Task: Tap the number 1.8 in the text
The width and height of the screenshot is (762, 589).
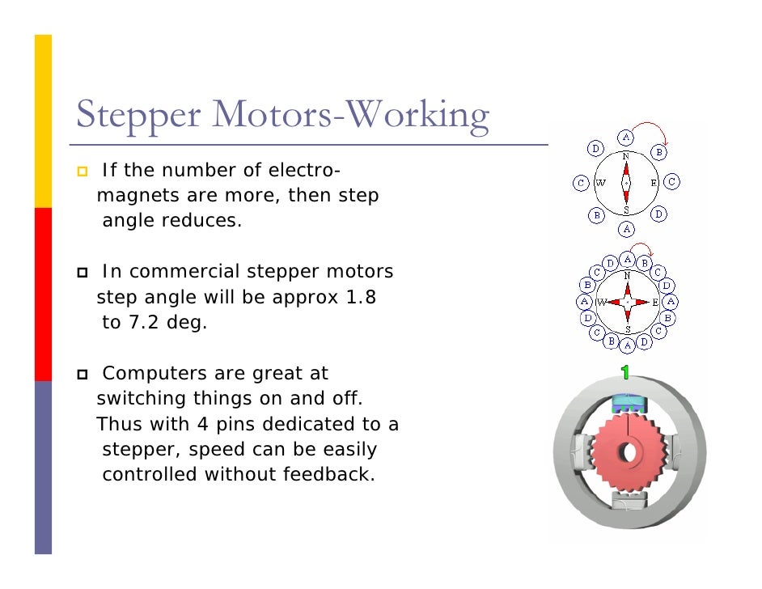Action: pyautogui.click(x=361, y=297)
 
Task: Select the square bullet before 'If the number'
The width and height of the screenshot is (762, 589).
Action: pyautogui.click(x=83, y=172)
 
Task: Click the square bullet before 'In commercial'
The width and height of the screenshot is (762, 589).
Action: pyautogui.click(x=83, y=271)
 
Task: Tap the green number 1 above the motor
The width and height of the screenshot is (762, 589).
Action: pyautogui.click(x=624, y=372)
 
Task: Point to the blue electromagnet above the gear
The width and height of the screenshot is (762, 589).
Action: pyautogui.click(x=627, y=402)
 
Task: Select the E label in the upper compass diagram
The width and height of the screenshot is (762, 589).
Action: pyautogui.click(x=654, y=183)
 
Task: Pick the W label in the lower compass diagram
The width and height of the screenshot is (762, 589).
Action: pyautogui.click(x=601, y=302)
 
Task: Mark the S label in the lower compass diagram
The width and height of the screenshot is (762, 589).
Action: pyautogui.click(x=627, y=328)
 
